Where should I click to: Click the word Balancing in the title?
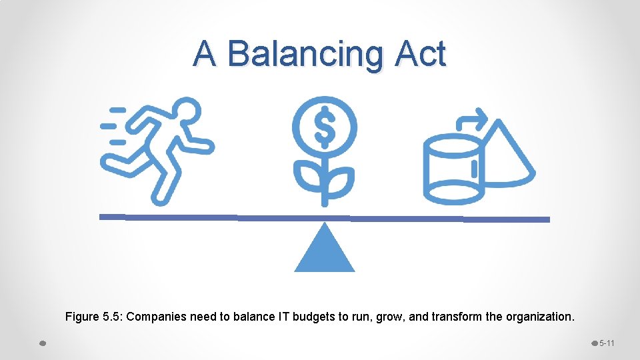[306, 55]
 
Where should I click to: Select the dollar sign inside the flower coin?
[325, 127]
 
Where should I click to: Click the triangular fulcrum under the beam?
[325, 251]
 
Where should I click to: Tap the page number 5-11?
[607, 343]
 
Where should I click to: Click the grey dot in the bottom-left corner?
[42, 343]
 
